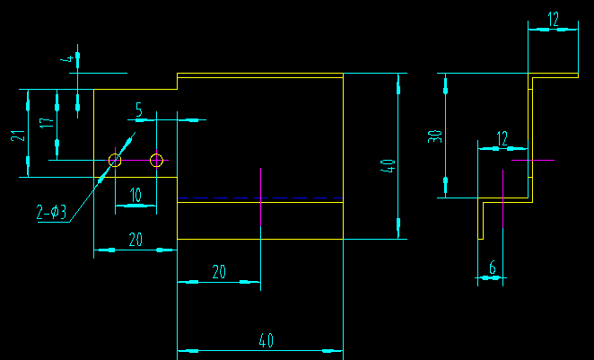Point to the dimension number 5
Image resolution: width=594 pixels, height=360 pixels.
click(139, 109)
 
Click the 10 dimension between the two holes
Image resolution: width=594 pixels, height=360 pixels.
click(135, 195)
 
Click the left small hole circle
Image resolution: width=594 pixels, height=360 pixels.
click(115, 161)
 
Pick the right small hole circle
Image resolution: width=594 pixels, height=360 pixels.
click(156, 161)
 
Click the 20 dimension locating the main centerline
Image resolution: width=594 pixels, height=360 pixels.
click(218, 272)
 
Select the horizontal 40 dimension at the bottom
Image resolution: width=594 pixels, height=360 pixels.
click(266, 340)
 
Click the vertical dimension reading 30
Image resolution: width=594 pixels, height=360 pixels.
click(435, 136)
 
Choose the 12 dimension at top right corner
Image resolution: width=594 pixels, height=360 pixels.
click(553, 18)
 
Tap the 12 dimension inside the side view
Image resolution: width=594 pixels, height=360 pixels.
click(502, 137)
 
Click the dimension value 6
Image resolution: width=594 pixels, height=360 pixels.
click(492, 267)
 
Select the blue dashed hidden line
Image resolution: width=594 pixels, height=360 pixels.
click(260, 198)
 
